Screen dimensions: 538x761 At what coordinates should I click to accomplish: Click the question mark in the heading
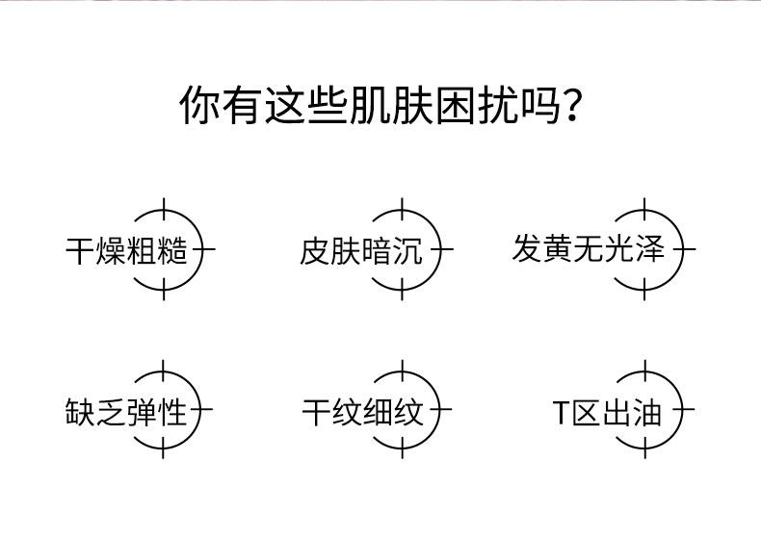[573, 106]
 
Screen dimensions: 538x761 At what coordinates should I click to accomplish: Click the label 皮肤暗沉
[361, 252]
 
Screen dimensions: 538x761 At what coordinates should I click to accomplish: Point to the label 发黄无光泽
[589, 249]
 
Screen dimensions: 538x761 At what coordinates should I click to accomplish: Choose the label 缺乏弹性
[126, 413]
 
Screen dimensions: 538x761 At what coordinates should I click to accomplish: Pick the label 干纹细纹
[362, 413]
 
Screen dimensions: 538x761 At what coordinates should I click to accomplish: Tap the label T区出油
[607, 413]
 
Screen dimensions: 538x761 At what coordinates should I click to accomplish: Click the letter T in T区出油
[562, 414]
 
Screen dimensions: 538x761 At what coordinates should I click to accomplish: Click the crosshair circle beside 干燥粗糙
[163, 250]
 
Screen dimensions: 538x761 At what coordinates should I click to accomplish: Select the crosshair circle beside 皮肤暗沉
[402, 250]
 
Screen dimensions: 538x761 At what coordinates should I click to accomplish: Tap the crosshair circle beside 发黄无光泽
[644, 250]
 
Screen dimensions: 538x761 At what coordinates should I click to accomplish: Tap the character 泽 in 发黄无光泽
[650, 249]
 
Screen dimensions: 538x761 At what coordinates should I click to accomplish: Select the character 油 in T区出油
[648, 413]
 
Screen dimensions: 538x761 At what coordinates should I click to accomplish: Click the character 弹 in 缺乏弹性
[142, 413]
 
